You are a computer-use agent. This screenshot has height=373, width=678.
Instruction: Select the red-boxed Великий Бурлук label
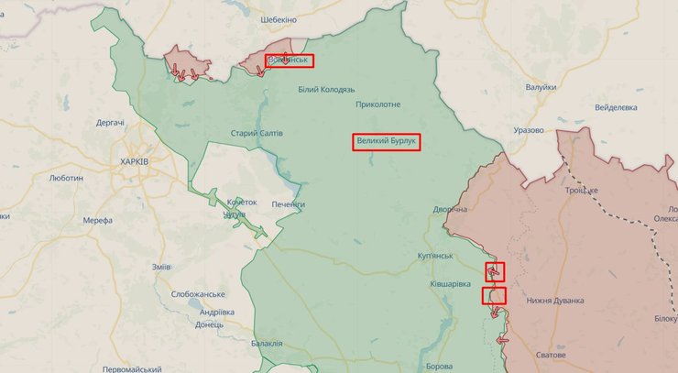pos(387,142)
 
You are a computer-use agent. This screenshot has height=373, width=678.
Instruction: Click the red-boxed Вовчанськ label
pos(290,61)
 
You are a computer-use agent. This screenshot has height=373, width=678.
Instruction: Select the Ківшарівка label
pos(451,285)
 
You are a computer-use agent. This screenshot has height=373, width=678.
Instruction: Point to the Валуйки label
pos(541,87)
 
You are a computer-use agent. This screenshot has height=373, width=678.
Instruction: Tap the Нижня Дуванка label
pos(555,300)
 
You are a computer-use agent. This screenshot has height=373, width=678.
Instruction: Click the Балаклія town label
pos(266,343)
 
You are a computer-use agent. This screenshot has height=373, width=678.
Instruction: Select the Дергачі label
pos(110,123)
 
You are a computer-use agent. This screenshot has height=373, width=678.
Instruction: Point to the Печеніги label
pos(288,203)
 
